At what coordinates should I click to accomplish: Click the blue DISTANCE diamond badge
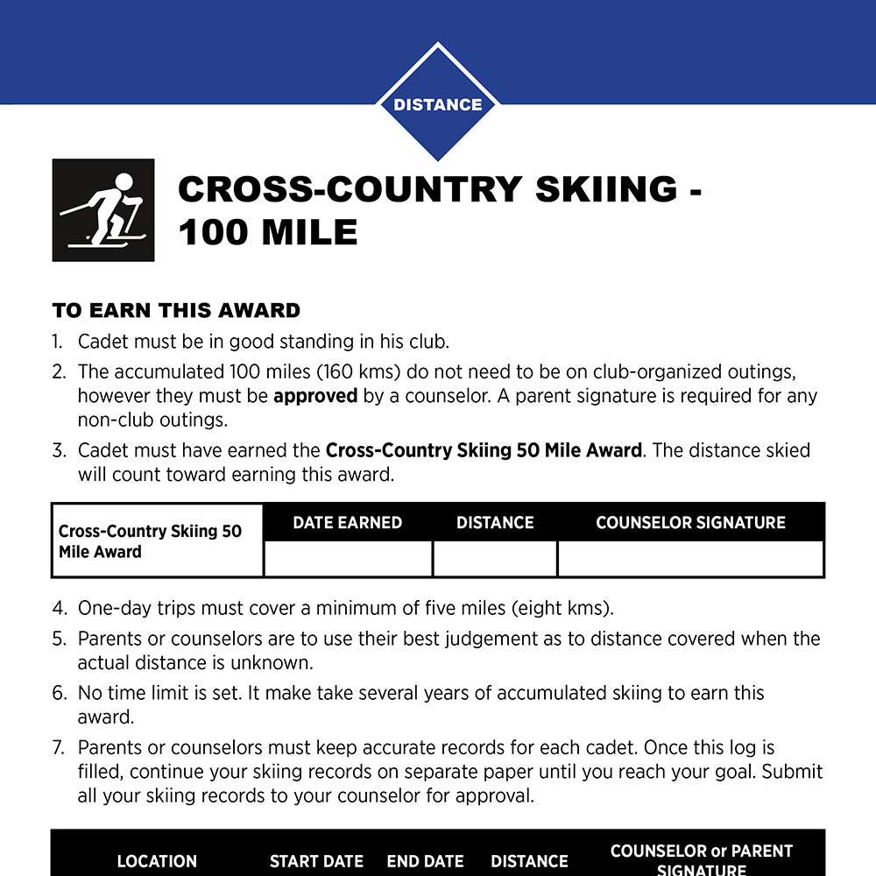(x=437, y=104)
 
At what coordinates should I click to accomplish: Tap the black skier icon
(x=103, y=210)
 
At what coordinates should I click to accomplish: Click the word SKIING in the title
(x=605, y=189)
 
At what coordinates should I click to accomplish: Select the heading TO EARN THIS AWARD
(x=176, y=310)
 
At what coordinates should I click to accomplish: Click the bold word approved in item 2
(x=315, y=396)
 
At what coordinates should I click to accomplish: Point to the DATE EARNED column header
(x=347, y=523)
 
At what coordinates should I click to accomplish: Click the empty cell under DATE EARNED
(x=348, y=559)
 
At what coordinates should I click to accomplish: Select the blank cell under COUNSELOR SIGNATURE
(x=690, y=559)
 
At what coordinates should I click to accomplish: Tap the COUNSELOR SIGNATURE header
(x=690, y=523)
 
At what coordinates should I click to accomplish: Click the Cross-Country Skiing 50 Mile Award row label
(x=150, y=541)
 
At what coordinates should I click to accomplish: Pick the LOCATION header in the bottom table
(x=157, y=862)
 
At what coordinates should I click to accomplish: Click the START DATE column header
(x=316, y=862)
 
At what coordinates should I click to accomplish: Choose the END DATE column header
(x=425, y=862)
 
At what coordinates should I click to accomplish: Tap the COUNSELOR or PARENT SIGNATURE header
(x=701, y=859)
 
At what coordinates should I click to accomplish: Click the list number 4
(x=58, y=608)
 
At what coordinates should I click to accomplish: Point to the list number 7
(x=58, y=748)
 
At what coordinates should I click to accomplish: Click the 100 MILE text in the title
(x=268, y=233)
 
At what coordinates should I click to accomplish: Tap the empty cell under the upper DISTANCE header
(x=495, y=559)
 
